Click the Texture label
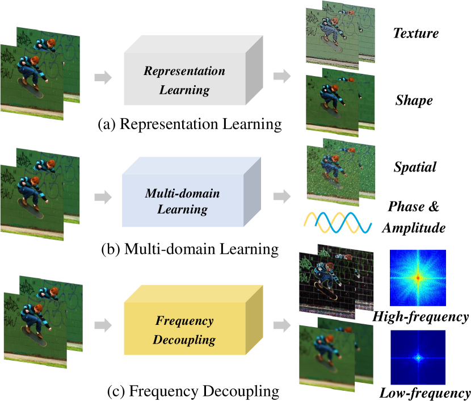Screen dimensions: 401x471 pos(415,34)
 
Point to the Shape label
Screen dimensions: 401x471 pos(414,101)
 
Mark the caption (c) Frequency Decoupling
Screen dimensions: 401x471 pos(193,391)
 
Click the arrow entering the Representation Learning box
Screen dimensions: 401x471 pos(103,77)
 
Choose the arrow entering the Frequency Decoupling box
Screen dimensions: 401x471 pos(103,325)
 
